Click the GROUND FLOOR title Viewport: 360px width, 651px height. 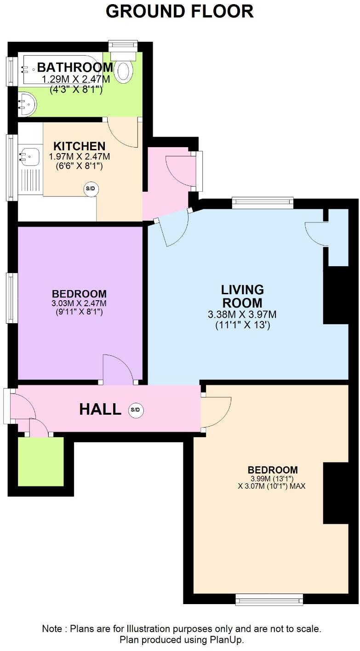click(180, 11)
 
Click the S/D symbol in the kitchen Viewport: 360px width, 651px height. click(91, 188)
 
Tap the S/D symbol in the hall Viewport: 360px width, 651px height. click(135, 410)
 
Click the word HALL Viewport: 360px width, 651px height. click(100, 409)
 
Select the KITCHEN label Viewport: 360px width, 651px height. click(80, 146)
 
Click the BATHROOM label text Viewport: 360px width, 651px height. click(75, 68)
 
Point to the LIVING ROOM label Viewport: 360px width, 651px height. click(242, 296)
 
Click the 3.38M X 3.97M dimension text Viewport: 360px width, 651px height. click(242, 314)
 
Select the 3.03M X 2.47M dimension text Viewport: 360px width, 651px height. click(79, 303)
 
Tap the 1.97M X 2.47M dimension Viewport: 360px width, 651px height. click(80, 157)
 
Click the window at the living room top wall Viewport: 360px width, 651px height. click(263, 203)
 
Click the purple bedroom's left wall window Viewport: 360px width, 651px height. click(11, 298)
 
